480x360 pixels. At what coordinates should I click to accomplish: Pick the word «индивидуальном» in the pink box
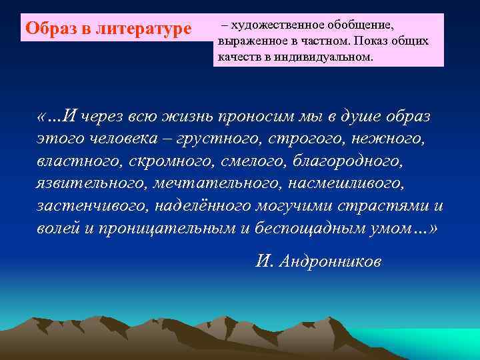tap(327, 57)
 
